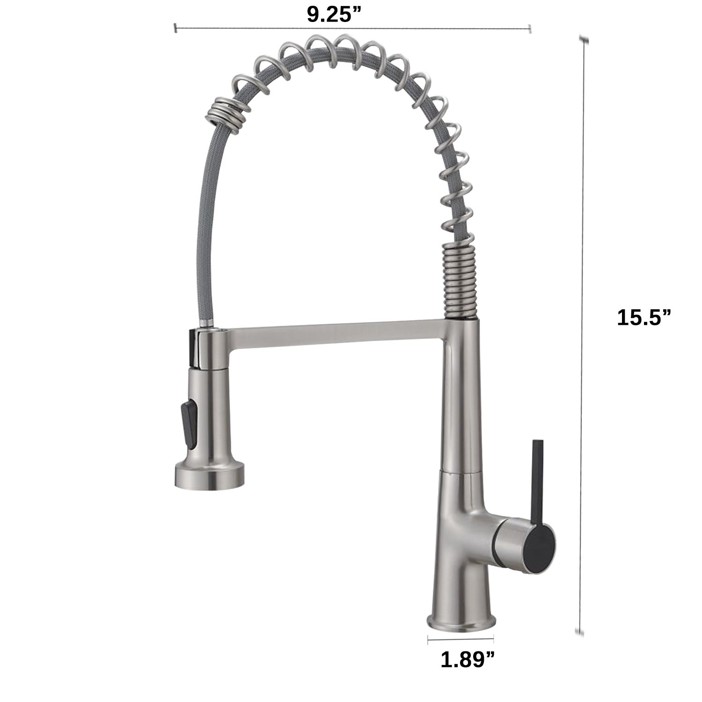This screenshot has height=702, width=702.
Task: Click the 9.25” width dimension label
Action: (x=336, y=15)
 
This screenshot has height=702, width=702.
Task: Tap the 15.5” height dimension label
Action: (x=644, y=318)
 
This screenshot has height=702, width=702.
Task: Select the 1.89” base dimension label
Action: (x=468, y=659)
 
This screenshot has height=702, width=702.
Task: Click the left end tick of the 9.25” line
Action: (x=175, y=29)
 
